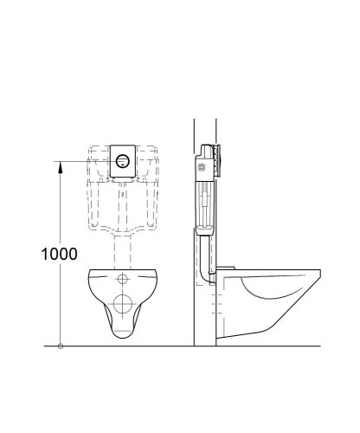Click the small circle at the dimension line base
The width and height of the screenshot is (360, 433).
point(60,347)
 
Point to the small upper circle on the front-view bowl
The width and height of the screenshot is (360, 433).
point(122,280)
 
